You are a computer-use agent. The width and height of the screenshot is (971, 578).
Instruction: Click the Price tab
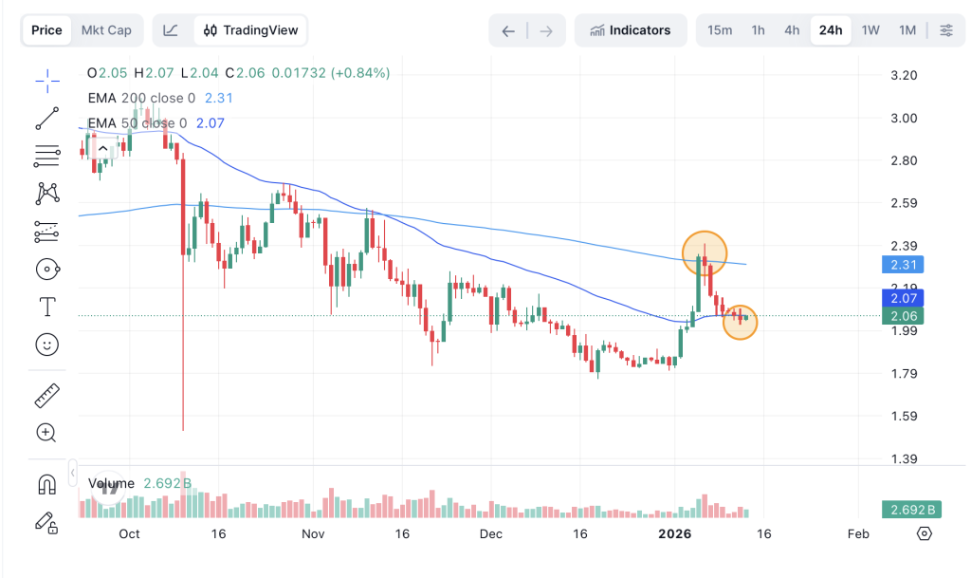(46, 30)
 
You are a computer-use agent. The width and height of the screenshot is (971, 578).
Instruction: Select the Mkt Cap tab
(106, 30)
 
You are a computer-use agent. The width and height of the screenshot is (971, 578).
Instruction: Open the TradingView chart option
(250, 30)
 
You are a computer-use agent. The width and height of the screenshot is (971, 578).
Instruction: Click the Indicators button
(630, 30)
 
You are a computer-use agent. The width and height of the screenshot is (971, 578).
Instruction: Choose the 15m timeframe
(720, 30)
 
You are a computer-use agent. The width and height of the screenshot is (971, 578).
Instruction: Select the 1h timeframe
(758, 30)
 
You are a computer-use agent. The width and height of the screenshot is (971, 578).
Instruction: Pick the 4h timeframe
(792, 30)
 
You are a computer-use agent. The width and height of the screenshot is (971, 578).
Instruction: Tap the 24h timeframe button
(831, 30)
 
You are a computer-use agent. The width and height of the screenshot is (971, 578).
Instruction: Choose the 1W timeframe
(870, 30)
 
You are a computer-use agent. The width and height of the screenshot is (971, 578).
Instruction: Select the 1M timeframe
(907, 30)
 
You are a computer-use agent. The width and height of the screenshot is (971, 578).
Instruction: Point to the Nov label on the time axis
(312, 533)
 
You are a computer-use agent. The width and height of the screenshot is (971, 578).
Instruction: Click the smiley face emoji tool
(46, 345)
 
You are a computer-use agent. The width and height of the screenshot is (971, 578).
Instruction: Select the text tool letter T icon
(46, 307)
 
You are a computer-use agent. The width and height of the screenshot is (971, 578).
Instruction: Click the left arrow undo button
(508, 30)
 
